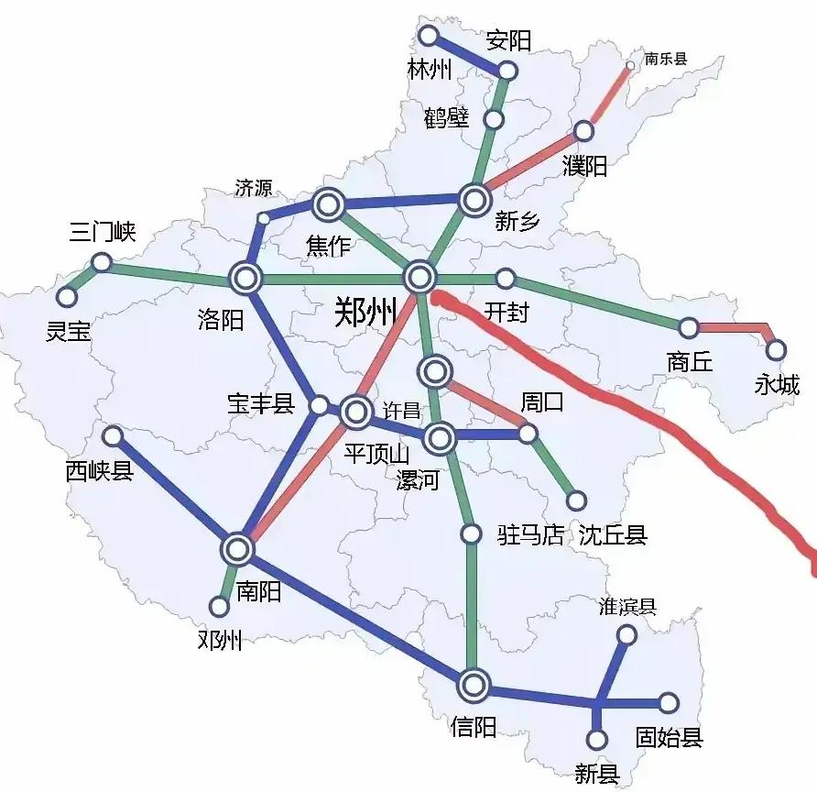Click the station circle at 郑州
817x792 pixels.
pyautogui.click(x=419, y=276)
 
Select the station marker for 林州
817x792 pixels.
pyautogui.click(x=428, y=36)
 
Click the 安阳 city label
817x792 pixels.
pyautogui.click(x=508, y=40)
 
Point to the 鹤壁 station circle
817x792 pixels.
pyautogui.click(x=494, y=119)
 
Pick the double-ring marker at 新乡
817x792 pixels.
pyautogui.click(x=474, y=199)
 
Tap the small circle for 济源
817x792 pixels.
pyautogui.click(x=264, y=218)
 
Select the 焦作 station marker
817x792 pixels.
pyautogui.click(x=329, y=204)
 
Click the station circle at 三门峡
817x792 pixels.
pyautogui.click(x=102, y=263)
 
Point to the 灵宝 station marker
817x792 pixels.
pyautogui.click(x=66, y=297)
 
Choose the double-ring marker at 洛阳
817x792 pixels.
pyautogui.click(x=246, y=276)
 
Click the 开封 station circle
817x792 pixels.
pyautogui.click(x=505, y=279)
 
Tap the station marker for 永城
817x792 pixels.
pyautogui.click(x=777, y=349)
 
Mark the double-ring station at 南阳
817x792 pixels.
pyautogui.click(x=237, y=550)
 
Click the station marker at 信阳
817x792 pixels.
pyautogui.click(x=474, y=684)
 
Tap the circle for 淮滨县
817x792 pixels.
pyautogui.click(x=627, y=634)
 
